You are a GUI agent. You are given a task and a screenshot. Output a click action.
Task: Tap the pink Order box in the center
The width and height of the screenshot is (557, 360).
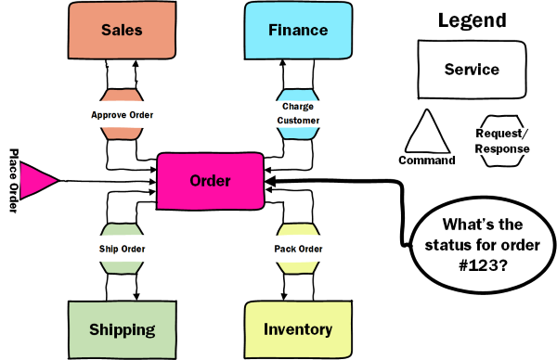click(x=210, y=181)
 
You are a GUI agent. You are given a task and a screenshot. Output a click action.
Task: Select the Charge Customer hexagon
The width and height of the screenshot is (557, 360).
click(x=297, y=115)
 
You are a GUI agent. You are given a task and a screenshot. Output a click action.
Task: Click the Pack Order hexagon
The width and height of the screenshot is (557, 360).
click(x=297, y=248)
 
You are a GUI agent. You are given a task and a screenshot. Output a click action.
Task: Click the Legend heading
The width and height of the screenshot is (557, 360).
click(x=472, y=20)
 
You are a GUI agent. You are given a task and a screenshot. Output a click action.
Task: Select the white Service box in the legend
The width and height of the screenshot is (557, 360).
click(x=472, y=70)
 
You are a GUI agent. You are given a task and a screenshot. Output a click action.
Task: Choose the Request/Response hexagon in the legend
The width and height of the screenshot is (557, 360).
click(x=502, y=141)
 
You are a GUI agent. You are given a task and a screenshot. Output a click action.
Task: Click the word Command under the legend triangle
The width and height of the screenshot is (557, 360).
click(x=426, y=160)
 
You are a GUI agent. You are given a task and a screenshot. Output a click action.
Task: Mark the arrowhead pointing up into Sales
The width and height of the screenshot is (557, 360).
click(x=136, y=65)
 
